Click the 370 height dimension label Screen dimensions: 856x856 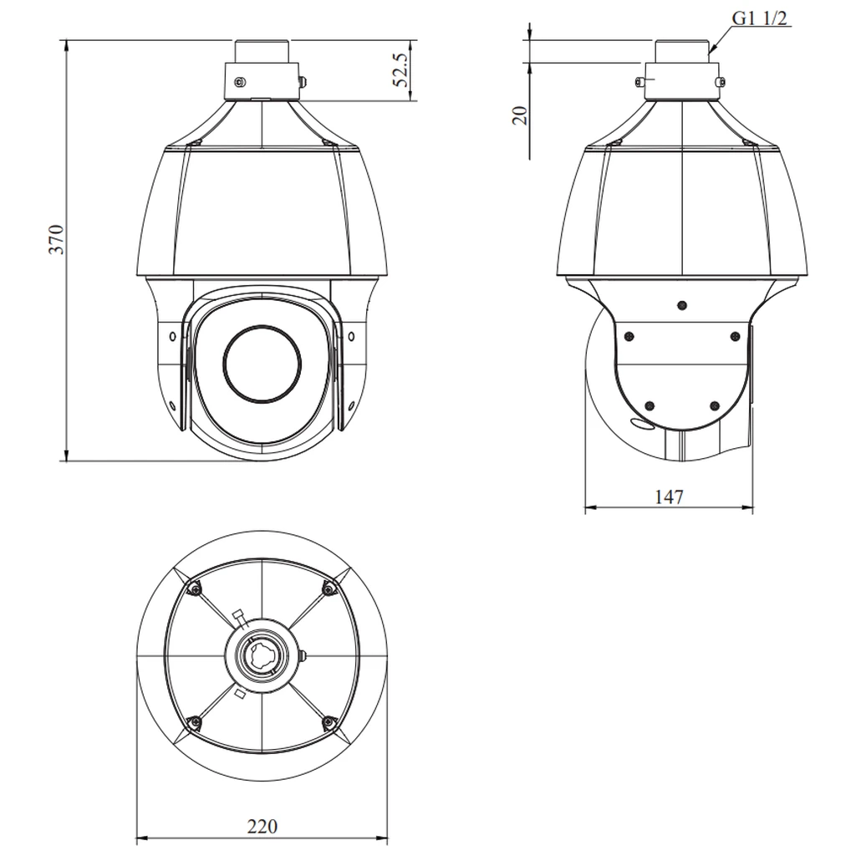[57, 239]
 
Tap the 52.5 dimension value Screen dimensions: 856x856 [400, 70]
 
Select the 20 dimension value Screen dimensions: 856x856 [521, 115]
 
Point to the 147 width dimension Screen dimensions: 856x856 [669, 497]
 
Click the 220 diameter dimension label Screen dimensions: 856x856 [262, 826]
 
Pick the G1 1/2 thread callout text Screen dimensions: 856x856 [759, 18]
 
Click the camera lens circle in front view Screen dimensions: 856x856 [262, 364]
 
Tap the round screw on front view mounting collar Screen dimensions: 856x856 [240, 82]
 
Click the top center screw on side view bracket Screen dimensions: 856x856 [681, 306]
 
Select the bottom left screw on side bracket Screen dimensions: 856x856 [649, 405]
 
